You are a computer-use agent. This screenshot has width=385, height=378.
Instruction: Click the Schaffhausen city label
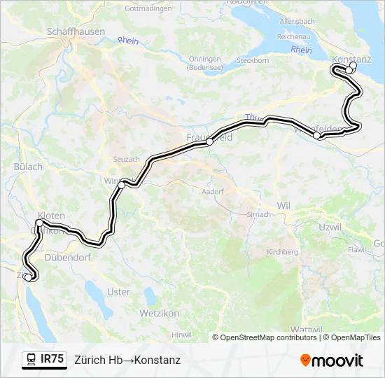point(75,32)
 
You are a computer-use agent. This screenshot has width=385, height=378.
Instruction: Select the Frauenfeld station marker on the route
point(209,141)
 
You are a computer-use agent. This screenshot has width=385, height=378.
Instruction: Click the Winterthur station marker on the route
point(122,185)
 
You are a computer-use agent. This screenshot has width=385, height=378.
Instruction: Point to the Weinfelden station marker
point(317,136)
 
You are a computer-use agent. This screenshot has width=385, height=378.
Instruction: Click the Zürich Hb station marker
point(28,277)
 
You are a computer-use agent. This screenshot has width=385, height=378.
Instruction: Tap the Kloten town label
point(51,217)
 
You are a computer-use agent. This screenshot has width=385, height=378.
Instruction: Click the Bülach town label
point(29,167)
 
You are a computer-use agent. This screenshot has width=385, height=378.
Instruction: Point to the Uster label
point(118,291)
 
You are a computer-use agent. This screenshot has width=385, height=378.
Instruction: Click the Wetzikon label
point(160,313)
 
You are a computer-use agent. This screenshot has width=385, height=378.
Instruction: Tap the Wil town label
point(283,206)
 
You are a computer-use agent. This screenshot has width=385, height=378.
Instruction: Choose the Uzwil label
point(330,228)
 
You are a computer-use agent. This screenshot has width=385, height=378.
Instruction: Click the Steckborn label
point(253,61)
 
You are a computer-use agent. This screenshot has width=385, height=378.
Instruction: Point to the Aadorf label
point(212,191)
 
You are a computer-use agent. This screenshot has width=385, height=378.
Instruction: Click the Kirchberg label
point(283,252)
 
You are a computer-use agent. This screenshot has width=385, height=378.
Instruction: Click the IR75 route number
point(52,360)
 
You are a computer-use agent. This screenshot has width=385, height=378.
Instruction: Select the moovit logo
point(332,360)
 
